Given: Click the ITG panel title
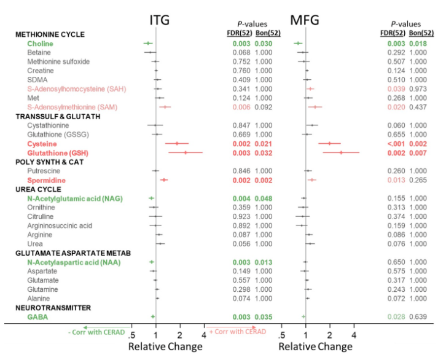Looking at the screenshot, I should click(x=160, y=21).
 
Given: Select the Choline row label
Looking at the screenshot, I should click(x=40, y=44).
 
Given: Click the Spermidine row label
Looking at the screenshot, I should click(x=47, y=180).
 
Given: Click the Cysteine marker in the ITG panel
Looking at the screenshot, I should click(x=178, y=143).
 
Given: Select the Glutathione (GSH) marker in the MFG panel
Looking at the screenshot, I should click(x=341, y=152).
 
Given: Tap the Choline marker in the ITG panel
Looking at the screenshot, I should click(x=148, y=44).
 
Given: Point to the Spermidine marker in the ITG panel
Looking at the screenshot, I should click(x=164, y=180).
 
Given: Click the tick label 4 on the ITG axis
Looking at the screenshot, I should click(x=203, y=335).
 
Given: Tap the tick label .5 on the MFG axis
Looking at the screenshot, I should click(x=281, y=335).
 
